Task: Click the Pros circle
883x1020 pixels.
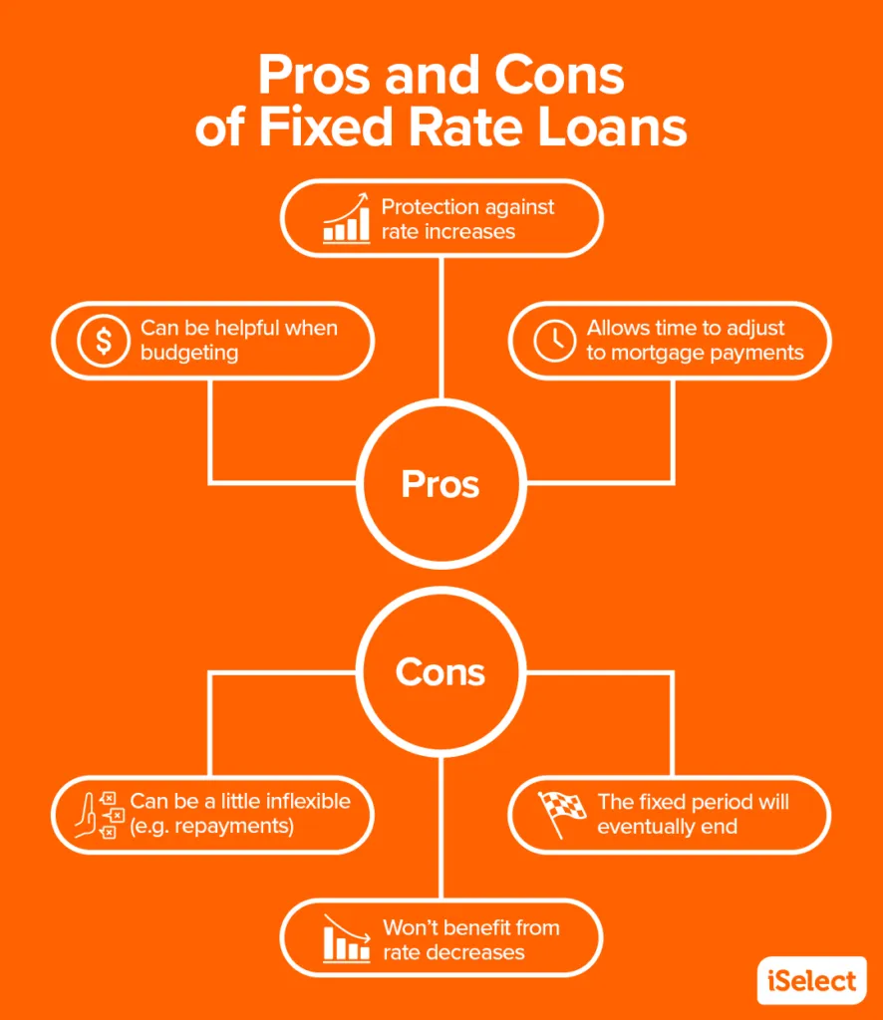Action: pyautogui.click(x=441, y=398)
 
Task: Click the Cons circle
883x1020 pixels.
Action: pyautogui.click(x=441, y=587)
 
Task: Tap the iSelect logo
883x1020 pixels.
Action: pyautogui.click(x=811, y=980)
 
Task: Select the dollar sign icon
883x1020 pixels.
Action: pyautogui.click(x=104, y=341)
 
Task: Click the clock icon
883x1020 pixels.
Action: pyautogui.click(x=554, y=341)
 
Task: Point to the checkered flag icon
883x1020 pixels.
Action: pyautogui.click(x=561, y=813)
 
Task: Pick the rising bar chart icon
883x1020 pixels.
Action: pyautogui.click(x=346, y=218)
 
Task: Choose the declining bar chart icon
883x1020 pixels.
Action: pyautogui.click(x=347, y=938)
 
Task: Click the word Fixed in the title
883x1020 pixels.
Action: pyautogui.click(x=325, y=127)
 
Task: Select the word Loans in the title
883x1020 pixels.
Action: pyautogui.click(x=612, y=127)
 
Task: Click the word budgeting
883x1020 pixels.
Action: pyautogui.click(x=189, y=354)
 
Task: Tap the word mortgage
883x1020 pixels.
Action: pyautogui.click(x=657, y=354)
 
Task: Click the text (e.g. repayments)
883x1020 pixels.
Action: pyautogui.click(x=212, y=826)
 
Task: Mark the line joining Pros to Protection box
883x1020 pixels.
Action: pyautogui.click(x=441, y=328)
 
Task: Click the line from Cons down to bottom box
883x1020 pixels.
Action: pyautogui.click(x=441, y=828)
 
